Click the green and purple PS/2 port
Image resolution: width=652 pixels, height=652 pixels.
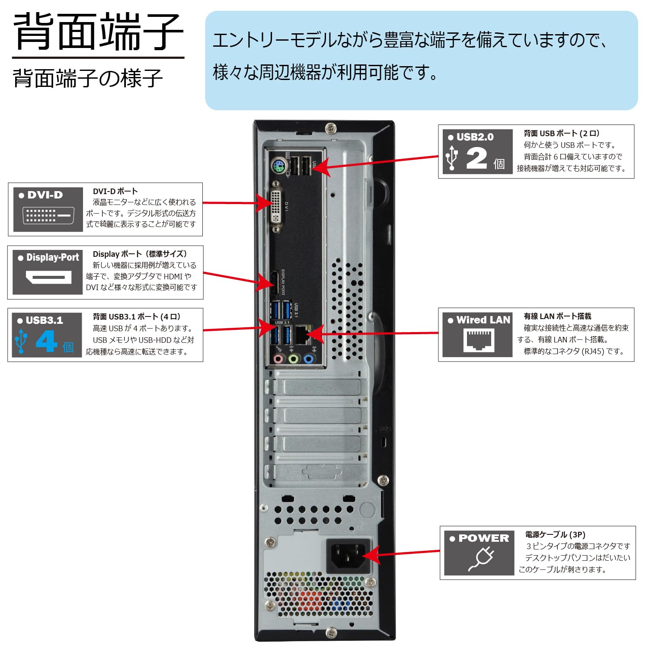coord(279,166)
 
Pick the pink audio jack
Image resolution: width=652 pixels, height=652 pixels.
coord(278,358)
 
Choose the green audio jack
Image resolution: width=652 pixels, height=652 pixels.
coord(294,358)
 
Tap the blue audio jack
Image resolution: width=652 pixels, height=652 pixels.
coord(309,358)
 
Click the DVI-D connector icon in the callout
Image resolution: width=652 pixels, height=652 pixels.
coord(48,215)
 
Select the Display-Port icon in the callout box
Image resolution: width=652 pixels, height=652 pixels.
coord(48,277)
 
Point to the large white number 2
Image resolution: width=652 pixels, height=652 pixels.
coord(476,158)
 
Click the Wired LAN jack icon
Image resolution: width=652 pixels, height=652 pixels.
coord(479,340)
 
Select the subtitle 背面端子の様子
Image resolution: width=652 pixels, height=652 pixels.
coord(88,78)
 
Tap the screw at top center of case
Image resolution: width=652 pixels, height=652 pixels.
coord(331,128)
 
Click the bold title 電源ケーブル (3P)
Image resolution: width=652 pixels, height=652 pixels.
coord(555,534)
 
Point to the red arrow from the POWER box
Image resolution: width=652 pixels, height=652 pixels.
coord(406,553)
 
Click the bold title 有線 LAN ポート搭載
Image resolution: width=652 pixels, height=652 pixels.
coord(557,316)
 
